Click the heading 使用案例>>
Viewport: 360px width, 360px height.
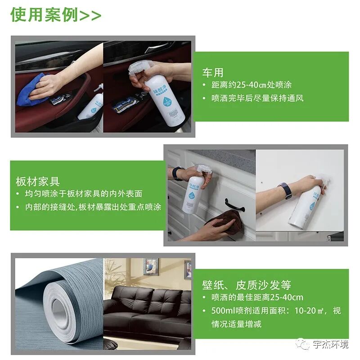pyautogui.click(x=56, y=15)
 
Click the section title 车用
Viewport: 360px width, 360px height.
pyautogui.click(x=213, y=72)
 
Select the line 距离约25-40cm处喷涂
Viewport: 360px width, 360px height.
pyautogui.click(x=252, y=85)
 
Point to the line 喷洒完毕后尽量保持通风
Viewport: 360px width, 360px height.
pyautogui.click(x=257, y=98)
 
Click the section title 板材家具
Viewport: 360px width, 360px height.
pyautogui.click(x=38, y=182)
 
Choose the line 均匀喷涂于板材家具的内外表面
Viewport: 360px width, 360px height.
pyautogui.click(x=84, y=194)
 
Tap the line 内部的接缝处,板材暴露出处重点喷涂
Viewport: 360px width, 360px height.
pyautogui.click(x=93, y=207)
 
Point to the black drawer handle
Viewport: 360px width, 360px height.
pyautogui.click(x=234, y=205)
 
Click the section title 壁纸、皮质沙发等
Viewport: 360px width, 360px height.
pyautogui.click(x=247, y=285)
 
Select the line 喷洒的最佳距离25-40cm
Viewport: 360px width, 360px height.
pyautogui.click(x=257, y=297)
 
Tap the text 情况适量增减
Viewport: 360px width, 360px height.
pyautogui.click(x=237, y=324)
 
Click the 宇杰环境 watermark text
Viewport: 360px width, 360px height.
pyautogui.click(x=331, y=344)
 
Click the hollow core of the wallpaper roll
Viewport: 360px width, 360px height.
pyautogui.click(x=60, y=309)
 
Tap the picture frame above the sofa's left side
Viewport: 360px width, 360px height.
pyautogui.click(x=151, y=267)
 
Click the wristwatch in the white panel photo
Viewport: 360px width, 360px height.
pyautogui.click(x=285, y=191)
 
